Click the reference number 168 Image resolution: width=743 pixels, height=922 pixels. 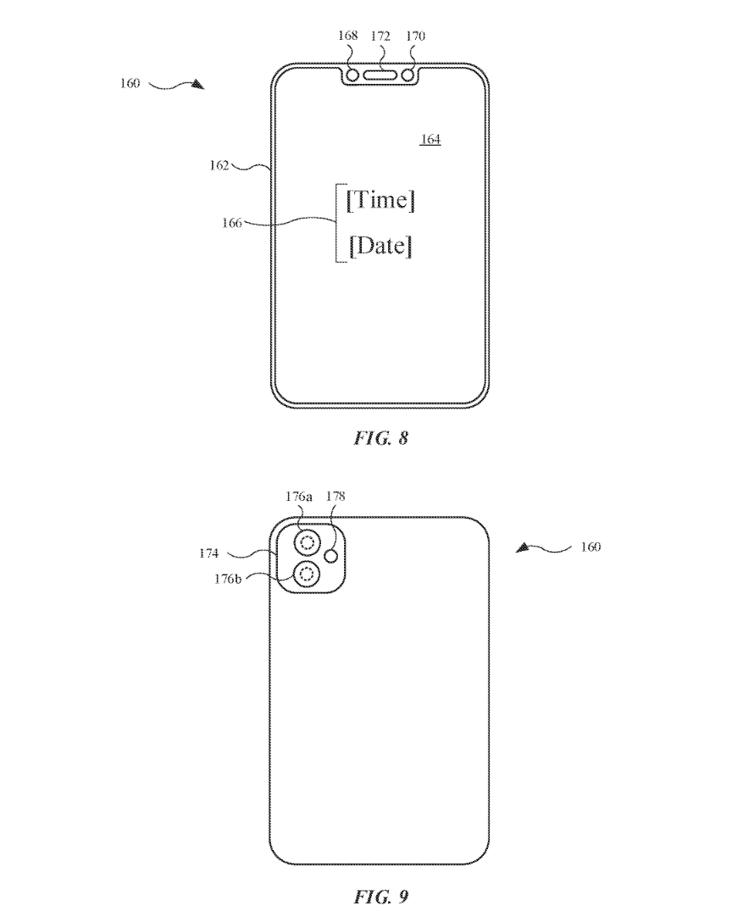point(347,36)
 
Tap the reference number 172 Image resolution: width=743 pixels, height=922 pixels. point(380,36)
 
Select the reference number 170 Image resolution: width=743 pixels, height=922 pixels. point(415,36)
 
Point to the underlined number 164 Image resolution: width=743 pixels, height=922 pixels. point(430,139)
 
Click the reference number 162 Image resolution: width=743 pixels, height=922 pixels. point(219,165)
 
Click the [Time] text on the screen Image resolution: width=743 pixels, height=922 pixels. point(380,201)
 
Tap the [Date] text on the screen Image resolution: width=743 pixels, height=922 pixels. point(380,246)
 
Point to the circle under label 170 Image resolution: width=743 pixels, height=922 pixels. point(408,75)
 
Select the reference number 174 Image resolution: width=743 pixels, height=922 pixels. point(209,553)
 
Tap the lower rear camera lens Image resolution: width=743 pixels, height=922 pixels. point(307,575)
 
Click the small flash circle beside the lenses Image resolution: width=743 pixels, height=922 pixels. point(333,556)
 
